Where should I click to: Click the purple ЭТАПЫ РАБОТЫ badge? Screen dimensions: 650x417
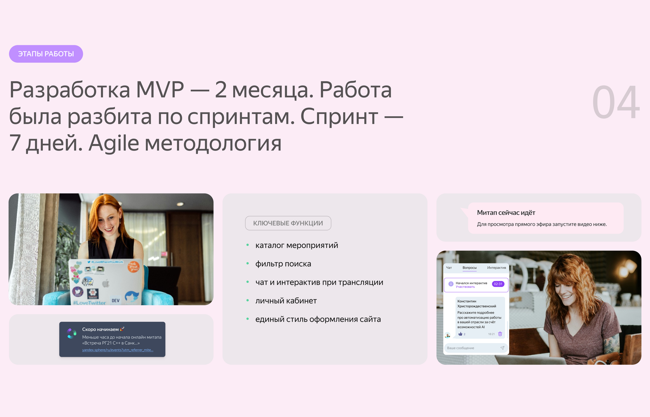tap(46, 54)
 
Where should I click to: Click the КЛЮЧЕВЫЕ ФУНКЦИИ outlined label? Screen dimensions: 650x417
tap(288, 223)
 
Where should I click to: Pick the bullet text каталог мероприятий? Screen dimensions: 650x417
tap(297, 245)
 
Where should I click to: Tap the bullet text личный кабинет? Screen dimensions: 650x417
tap(286, 301)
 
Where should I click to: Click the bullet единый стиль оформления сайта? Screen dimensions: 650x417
tap(318, 319)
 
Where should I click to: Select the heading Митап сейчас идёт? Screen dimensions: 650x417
tap(506, 213)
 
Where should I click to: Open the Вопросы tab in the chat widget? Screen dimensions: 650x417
tap(469, 268)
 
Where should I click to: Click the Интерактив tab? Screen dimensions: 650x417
tap(496, 268)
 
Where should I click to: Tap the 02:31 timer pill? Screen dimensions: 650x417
tap(498, 284)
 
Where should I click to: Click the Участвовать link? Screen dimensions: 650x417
tap(465, 287)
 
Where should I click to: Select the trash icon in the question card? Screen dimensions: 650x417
tap(500, 334)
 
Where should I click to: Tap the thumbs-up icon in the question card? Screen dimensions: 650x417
tap(460, 334)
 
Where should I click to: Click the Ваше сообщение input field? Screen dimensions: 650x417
tap(476, 348)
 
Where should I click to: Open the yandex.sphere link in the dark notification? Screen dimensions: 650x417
tap(118, 350)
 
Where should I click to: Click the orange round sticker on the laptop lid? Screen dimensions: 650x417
tap(134, 267)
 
